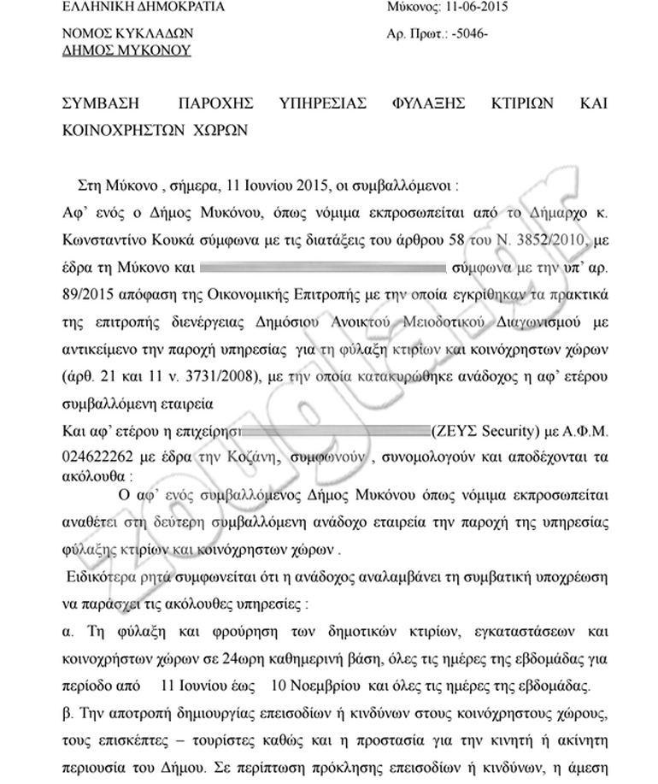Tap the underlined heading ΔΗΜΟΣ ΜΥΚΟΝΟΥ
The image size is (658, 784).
[128, 50]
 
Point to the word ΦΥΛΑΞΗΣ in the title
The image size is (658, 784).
[432, 103]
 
